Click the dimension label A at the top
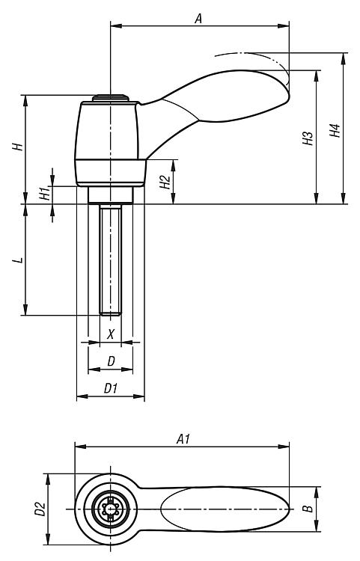pyautogui.click(x=198, y=18)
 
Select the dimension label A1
pyautogui.click(x=183, y=439)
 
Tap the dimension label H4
pyautogui.click(x=335, y=131)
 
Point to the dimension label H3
pyautogui.click(x=308, y=138)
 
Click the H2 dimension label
pyautogui.click(x=165, y=182)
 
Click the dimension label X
pyautogui.click(x=111, y=334)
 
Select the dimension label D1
pyautogui.click(x=111, y=388)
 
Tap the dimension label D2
pyautogui.click(x=40, y=509)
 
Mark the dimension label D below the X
pyautogui.click(x=112, y=361)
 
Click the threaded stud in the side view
pyautogui.click(x=111, y=260)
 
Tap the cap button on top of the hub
pyautogui.click(x=111, y=98)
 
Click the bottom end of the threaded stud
pyautogui.click(x=111, y=315)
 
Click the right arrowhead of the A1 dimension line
pyautogui.click(x=284, y=447)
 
